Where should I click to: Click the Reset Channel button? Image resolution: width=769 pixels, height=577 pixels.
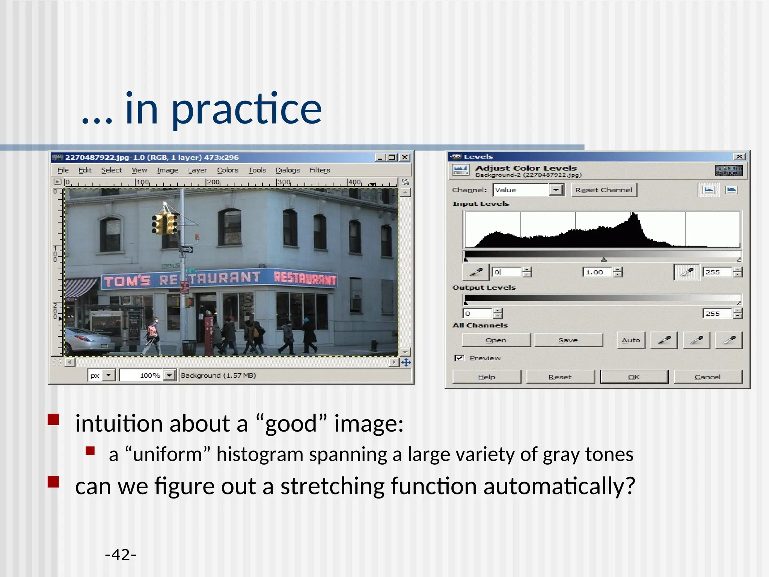[603, 190]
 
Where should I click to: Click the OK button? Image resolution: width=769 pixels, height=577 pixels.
[634, 377]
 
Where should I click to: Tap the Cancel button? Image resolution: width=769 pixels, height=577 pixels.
[707, 377]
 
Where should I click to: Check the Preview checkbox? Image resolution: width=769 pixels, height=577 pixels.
[459, 358]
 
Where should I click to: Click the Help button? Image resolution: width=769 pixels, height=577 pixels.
[486, 377]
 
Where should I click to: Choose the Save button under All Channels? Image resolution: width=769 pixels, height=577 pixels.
[568, 340]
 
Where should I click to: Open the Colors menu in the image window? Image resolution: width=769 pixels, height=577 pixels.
[228, 170]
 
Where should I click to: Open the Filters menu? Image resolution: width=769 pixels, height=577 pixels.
[320, 170]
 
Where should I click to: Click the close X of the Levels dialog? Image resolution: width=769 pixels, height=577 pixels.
[739, 157]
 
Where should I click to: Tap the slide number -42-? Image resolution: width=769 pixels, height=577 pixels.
[121, 555]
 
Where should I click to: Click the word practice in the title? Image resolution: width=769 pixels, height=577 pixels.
[246, 110]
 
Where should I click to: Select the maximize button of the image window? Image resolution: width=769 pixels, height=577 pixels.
[392, 157]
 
